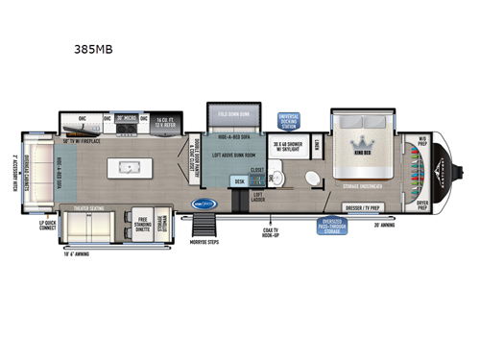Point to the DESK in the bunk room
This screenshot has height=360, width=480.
click(239, 180)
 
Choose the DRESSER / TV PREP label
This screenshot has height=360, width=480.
click(361, 205)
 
